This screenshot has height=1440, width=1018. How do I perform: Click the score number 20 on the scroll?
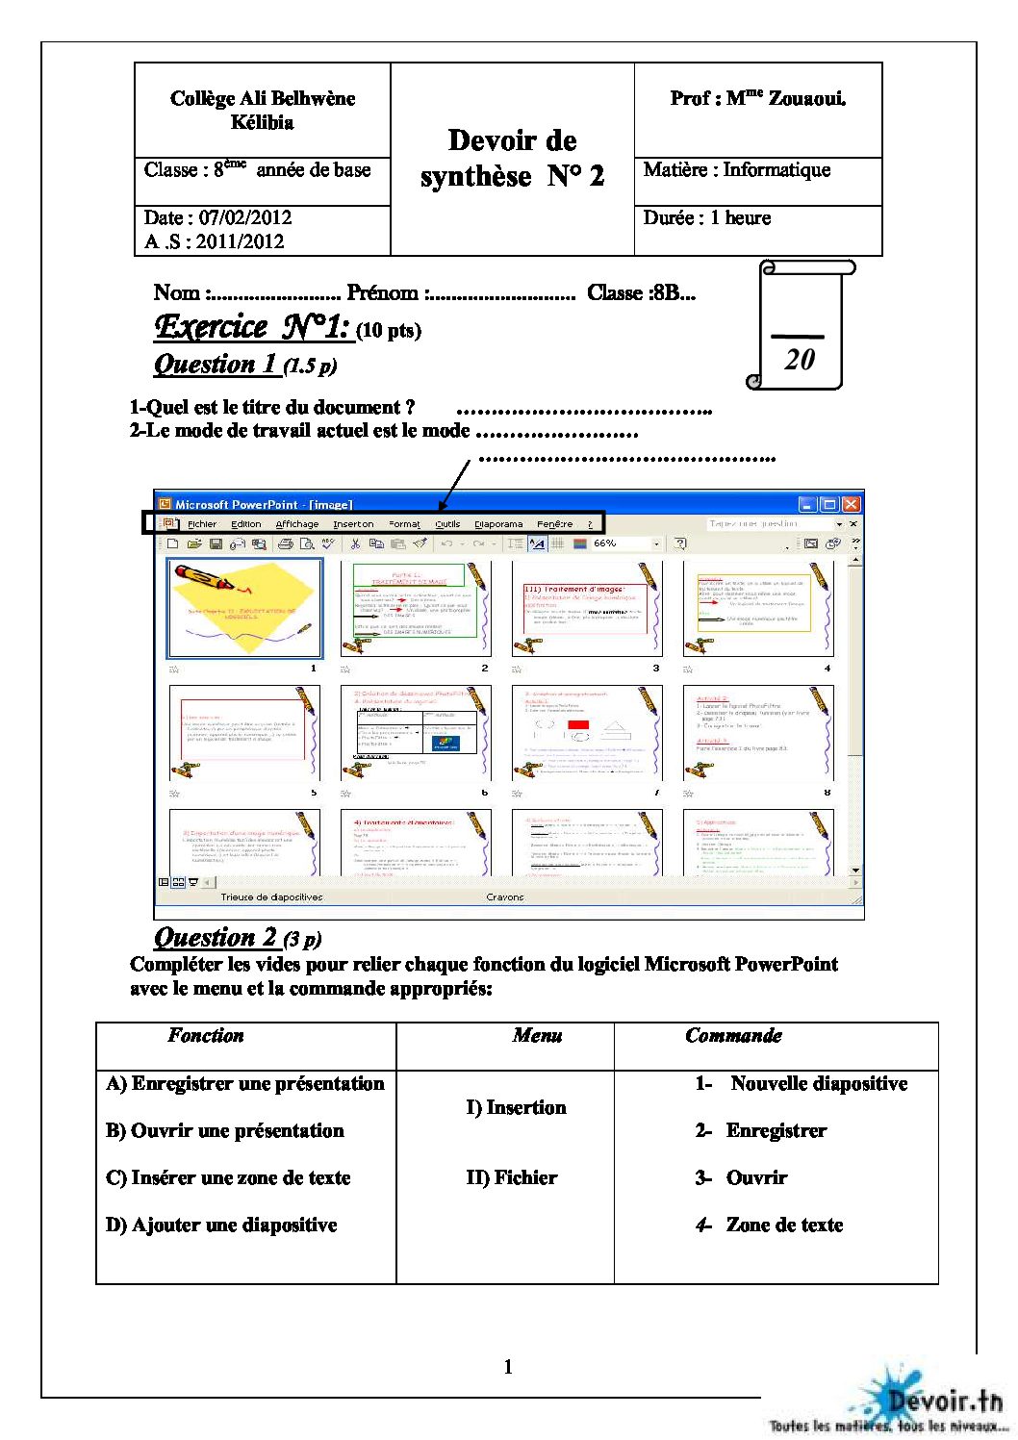click(x=800, y=360)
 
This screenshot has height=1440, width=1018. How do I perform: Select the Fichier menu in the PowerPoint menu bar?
click(x=202, y=524)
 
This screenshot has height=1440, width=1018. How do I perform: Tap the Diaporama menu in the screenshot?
click(x=498, y=524)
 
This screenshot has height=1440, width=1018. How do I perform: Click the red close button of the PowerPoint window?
click(x=851, y=504)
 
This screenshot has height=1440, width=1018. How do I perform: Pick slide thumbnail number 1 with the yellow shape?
click(x=244, y=609)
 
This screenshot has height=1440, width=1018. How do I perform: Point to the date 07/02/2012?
click(x=244, y=217)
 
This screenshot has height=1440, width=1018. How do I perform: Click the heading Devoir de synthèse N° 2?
click(x=512, y=159)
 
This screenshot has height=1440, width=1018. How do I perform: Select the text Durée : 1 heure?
click(x=707, y=217)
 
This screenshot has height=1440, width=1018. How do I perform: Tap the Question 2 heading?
click(x=216, y=937)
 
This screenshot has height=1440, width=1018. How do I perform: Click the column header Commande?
click(x=733, y=1036)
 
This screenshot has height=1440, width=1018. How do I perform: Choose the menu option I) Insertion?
click(x=516, y=1107)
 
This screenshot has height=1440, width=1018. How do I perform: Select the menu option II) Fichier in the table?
click(x=511, y=1177)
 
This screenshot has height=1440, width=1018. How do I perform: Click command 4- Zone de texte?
click(x=770, y=1225)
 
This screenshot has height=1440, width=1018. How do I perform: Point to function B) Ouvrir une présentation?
click(x=225, y=1130)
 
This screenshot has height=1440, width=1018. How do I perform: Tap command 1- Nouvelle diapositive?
click(x=802, y=1083)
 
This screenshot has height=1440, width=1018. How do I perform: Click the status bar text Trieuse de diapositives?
click(x=271, y=897)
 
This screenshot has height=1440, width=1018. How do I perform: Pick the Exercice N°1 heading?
click(x=251, y=327)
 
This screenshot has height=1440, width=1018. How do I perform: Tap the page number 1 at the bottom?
click(x=508, y=1367)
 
